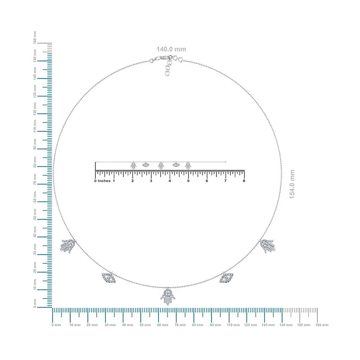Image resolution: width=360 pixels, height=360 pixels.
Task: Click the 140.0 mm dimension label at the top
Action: pos(171,49)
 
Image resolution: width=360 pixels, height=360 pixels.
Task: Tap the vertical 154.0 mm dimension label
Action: pos(292,184)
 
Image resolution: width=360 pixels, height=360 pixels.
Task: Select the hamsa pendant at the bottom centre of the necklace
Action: pos(168,297)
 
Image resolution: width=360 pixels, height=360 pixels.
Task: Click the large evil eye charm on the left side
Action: pos(109,277)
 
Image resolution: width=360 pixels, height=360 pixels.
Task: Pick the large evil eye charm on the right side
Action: pos(226,278)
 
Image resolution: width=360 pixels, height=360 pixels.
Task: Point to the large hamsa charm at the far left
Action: pos(68,246)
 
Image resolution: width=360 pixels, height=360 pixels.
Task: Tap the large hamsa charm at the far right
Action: pos(268,246)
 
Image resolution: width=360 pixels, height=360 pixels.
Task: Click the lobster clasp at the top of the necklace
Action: pos(163,58)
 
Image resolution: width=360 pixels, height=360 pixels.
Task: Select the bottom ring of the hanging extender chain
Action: pos(167,73)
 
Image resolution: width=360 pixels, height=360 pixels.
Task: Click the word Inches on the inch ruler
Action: pos(104,181)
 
